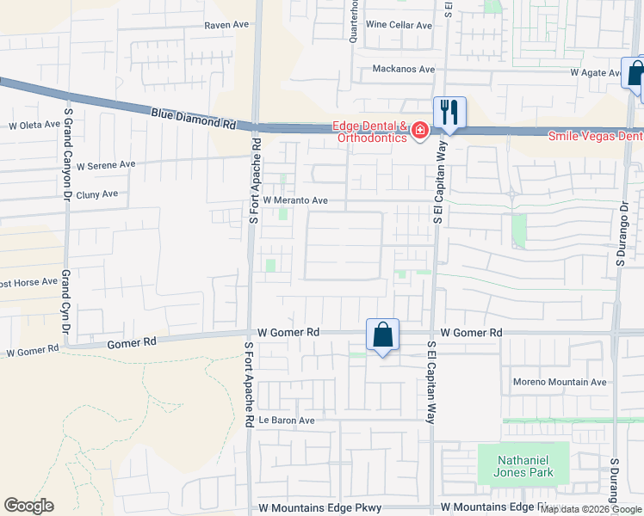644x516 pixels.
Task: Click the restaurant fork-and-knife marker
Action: point(449,113)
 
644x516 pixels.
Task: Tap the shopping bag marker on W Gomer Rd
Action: point(382,335)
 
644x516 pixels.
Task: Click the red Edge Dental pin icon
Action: point(420,131)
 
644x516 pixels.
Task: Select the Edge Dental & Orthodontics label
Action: point(373,131)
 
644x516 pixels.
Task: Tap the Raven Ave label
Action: point(226,25)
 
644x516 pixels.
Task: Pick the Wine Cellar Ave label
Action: point(399,25)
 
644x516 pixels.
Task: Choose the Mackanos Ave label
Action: point(404,69)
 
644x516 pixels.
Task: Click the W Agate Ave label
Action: point(596,73)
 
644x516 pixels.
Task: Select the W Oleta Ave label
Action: point(34,126)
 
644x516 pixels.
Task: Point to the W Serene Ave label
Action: point(106,164)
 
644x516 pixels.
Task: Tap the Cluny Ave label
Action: point(96,194)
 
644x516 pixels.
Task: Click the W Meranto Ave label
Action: point(295,200)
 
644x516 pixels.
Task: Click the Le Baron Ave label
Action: point(287,421)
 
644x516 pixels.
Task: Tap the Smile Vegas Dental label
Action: point(596,136)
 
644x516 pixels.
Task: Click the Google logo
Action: point(28,506)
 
